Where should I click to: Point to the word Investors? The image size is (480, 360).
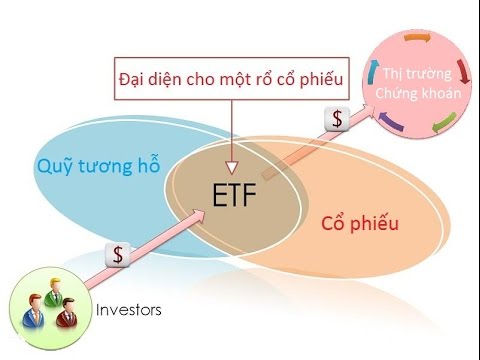pos(128,310)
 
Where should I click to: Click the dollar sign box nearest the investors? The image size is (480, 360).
pos(118,254)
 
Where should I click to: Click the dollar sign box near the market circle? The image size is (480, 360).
pos(337,119)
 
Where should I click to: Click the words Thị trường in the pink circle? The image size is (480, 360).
pos(419,74)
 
